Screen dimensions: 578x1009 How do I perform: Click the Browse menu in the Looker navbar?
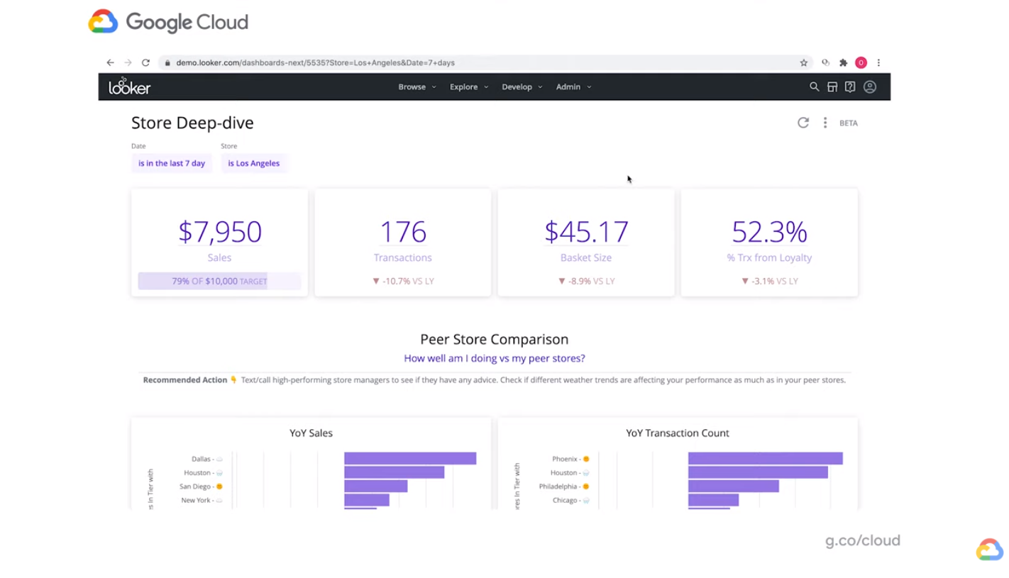coord(417,87)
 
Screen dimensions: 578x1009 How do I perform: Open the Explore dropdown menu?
coord(468,87)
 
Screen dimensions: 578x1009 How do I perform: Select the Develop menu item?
coord(522,87)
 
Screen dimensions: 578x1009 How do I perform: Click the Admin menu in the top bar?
coord(573,87)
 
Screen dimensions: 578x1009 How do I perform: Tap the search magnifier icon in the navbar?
coord(814,87)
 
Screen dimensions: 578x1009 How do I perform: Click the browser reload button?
coord(145,62)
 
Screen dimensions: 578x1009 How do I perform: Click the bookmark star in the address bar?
coord(803,62)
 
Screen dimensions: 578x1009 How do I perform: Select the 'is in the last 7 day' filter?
coord(172,163)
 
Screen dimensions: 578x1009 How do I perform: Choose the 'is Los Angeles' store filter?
coord(253,163)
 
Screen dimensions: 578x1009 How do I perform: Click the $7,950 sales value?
coord(219,232)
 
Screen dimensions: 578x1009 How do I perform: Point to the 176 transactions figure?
coord(402,232)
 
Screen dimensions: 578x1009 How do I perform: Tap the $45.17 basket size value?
coord(586,232)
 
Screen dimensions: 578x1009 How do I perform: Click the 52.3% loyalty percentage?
coord(769,232)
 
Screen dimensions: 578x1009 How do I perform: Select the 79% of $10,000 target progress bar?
coord(219,281)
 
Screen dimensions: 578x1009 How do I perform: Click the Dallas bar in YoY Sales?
coord(409,459)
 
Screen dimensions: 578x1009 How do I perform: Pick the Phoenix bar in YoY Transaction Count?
coord(765,459)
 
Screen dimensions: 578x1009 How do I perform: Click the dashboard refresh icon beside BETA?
coord(803,123)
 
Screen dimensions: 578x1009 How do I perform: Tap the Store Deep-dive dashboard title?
coord(192,123)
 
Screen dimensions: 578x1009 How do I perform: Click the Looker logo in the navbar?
coord(129,87)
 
